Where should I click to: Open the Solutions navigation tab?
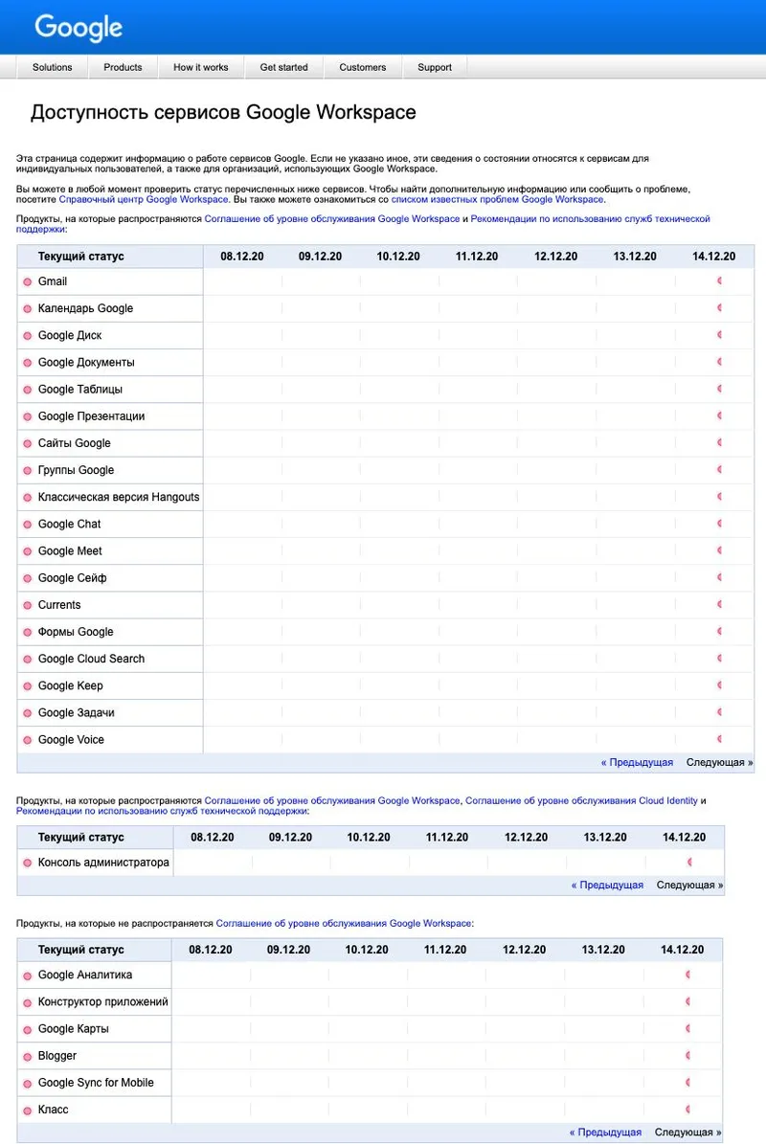[x=53, y=67]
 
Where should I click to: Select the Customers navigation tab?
[x=363, y=67]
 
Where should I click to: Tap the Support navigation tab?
[x=435, y=67]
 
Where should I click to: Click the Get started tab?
[x=284, y=67]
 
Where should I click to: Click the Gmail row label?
[x=53, y=281]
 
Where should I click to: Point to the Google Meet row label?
[x=70, y=551]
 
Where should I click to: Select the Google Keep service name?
[x=71, y=686]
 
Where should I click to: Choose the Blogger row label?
[x=57, y=1056]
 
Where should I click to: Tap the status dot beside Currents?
[x=27, y=606]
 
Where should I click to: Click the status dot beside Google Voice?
[x=27, y=741]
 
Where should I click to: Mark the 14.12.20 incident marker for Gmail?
[x=719, y=281]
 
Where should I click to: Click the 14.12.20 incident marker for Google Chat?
[x=719, y=524]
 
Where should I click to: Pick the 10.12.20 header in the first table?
[x=398, y=257]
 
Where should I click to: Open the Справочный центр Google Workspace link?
[x=144, y=199]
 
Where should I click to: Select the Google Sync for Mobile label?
[x=96, y=1083]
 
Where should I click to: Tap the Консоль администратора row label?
[x=103, y=863]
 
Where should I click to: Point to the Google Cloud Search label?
[x=91, y=659]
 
